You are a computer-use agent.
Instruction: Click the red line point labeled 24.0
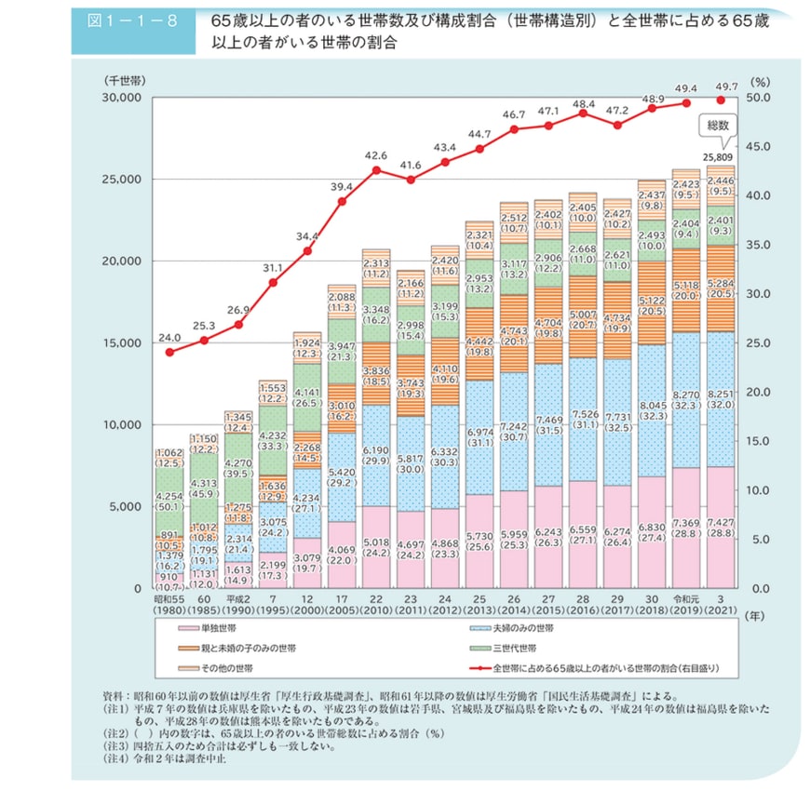169,353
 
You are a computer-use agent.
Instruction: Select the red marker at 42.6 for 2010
377,170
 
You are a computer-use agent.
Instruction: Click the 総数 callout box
720,124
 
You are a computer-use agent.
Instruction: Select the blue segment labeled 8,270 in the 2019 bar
685,400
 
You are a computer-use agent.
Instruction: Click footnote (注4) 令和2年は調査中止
165,757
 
